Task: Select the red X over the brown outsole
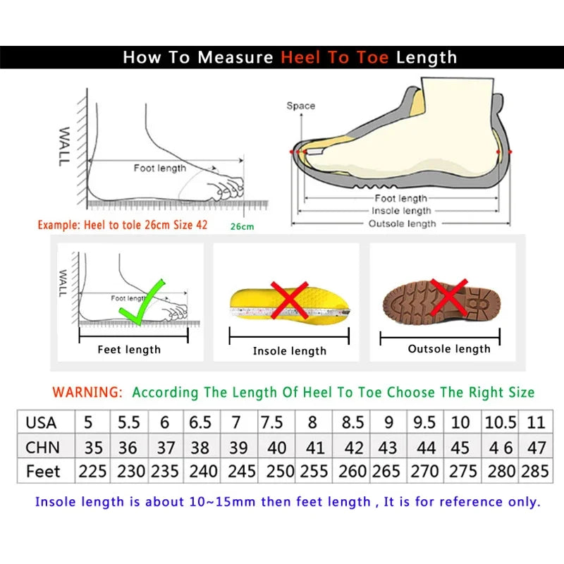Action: [449, 296]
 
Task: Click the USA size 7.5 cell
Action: [272, 423]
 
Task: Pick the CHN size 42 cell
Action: [353, 448]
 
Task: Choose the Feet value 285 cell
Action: [535, 471]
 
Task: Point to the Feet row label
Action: [44, 471]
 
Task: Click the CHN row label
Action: [43, 448]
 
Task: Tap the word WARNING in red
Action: [88, 392]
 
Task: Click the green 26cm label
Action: [242, 226]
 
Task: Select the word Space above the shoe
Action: [300, 106]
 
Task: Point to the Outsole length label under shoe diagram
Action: [403, 223]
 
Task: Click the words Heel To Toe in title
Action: [335, 58]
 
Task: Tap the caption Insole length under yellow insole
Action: [290, 350]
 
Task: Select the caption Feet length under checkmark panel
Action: [129, 349]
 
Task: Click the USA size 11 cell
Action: [536, 423]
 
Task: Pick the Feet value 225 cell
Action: [93, 471]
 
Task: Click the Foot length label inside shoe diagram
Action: [401, 199]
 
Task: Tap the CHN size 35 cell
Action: [93, 448]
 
